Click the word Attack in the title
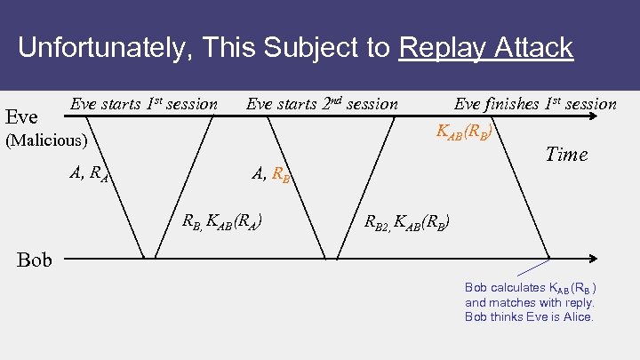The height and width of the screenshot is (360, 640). pyautogui.click(x=533, y=47)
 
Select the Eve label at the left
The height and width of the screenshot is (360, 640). pyautogui.click(x=21, y=116)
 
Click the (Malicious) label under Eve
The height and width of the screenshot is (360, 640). pyautogui.click(x=46, y=140)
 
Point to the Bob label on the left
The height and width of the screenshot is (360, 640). pyautogui.click(x=34, y=260)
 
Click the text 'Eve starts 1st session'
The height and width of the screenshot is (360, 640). pyautogui.click(x=144, y=104)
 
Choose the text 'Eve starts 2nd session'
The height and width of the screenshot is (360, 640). pyautogui.click(x=322, y=104)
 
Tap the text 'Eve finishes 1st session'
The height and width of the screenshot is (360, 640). pyautogui.click(x=535, y=104)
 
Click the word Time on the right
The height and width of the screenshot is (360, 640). pyautogui.click(x=566, y=155)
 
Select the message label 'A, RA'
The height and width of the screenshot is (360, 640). pyautogui.click(x=89, y=174)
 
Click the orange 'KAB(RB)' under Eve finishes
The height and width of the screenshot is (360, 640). pyautogui.click(x=464, y=131)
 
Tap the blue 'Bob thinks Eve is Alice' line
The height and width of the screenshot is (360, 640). pyautogui.click(x=529, y=316)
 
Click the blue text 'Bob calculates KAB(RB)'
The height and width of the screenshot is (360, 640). pyautogui.click(x=530, y=287)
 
